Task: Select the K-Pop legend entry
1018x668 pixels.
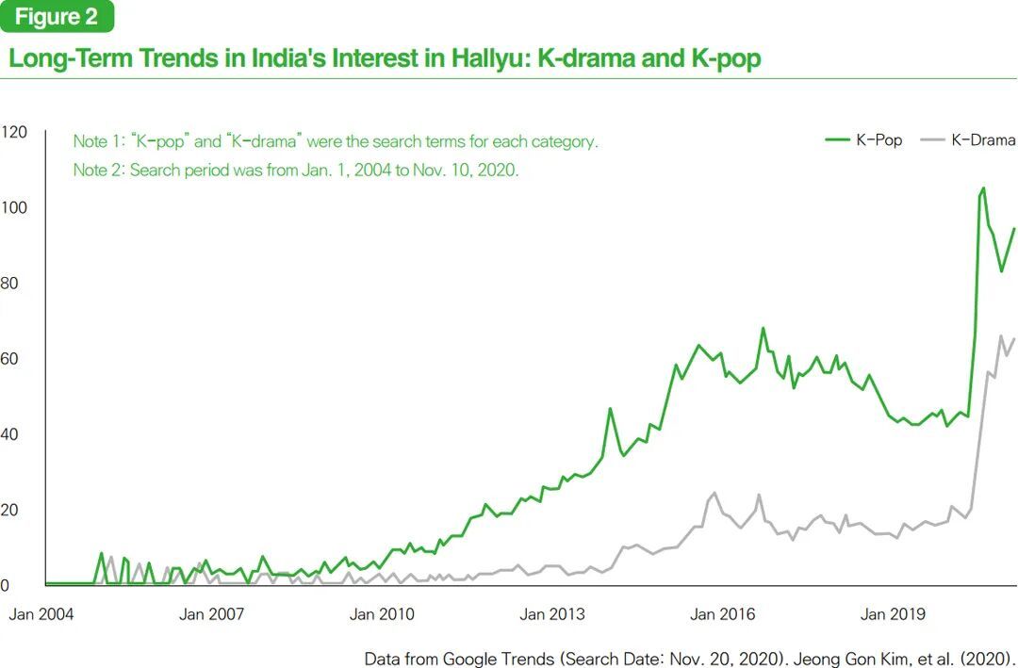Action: (864, 139)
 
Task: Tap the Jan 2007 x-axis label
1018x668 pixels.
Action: (211, 614)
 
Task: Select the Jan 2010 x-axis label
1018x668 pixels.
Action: (381, 614)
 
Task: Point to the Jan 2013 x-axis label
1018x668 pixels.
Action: (551, 614)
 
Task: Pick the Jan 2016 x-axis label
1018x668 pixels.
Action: (722, 614)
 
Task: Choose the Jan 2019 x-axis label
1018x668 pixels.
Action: (893, 614)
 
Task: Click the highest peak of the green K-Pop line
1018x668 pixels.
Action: (983, 188)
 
